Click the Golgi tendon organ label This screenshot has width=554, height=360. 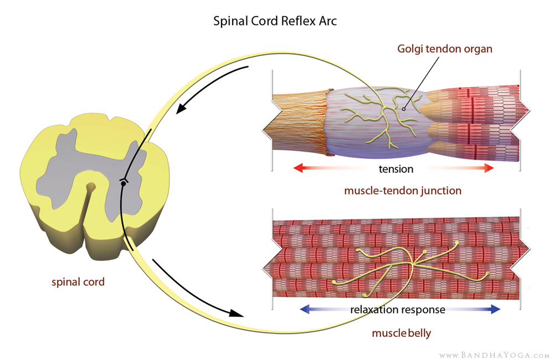tap(445, 49)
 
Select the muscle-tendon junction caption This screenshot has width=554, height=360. tap(403, 191)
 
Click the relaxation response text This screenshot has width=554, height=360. tap(397, 310)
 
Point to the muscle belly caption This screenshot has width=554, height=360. tap(402, 334)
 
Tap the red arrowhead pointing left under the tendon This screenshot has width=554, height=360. tap(298, 168)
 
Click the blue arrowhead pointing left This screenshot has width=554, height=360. tap(304, 310)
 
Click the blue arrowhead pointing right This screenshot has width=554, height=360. tap(494, 310)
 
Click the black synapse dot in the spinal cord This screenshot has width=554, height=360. tap(123, 183)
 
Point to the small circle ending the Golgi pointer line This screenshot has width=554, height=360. tap(404, 109)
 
